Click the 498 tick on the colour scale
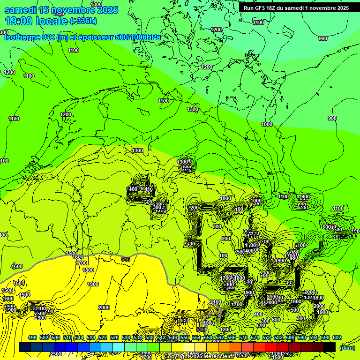pyautogui.click(x=32, y=337)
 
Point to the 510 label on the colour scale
pyautogui.click(x=67, y=337)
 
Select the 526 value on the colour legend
pyautogui.click(x=114, y=337)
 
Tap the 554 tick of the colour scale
pyautogui.click(x=196, y=337)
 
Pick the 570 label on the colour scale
pyautogui.click(x=243, y=337)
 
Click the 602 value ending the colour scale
pyautogui.click(x=337, y=337)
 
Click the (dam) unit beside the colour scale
pyautogui.click(x=347, y=347)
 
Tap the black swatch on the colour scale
pyautogui.click(x=330, y=347)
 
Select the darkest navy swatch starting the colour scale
pyautogui.click(x=25, y=347)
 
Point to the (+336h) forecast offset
pyautogui.click(x=83, y=21)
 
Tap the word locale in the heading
pyautogui.click(x=54, y=21)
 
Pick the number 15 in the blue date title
pyautogui.click(x=45, y=10)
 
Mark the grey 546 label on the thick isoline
pyautogui.click(x=126, y=259)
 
